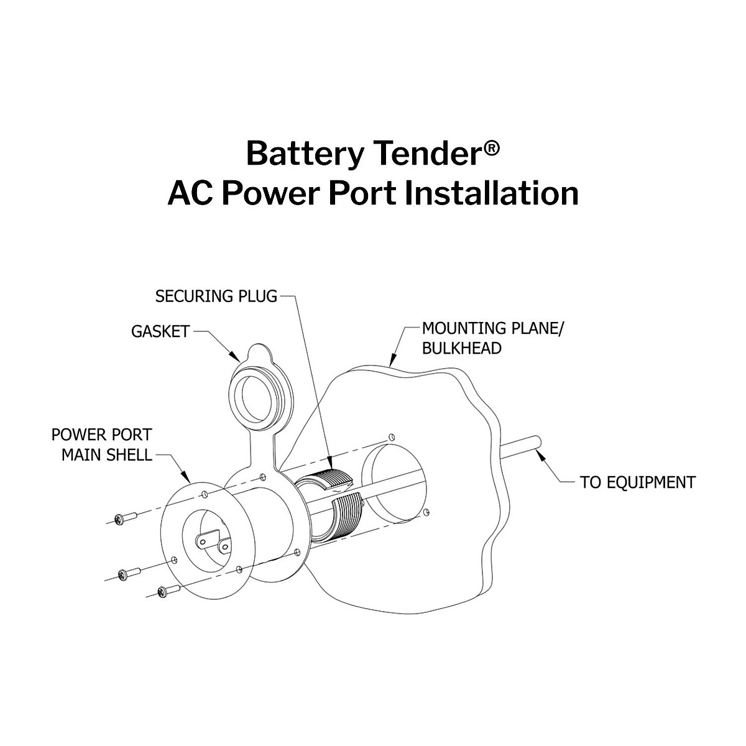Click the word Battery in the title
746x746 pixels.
pyautogui.click(x=303, y=154)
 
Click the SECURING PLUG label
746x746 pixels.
pyautogui.click(x=216, y=296)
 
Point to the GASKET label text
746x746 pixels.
pyautogui.click(x=160, y=331)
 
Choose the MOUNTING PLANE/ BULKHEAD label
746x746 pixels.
pyautogui.click(x=492, y=338)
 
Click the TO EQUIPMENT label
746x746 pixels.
pyautogui.click(x=637, y=482)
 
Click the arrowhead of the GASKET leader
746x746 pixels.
pyautogui.click(x=239, y=360)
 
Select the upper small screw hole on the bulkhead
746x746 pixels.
pyautogui.click(x=390, y=437)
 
